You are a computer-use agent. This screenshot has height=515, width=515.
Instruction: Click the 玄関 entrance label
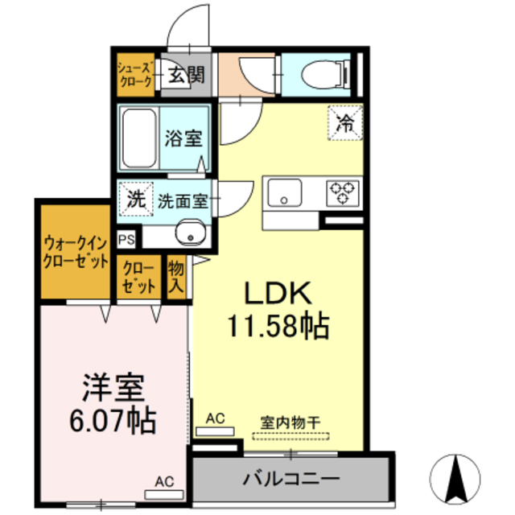point(186,76)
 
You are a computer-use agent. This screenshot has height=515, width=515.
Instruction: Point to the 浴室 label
point(183,138)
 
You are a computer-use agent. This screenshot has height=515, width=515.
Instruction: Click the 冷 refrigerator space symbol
point(345,124)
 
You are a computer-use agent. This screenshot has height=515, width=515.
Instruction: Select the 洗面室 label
point(183,201)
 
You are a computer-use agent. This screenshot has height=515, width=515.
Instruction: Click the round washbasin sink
point(192,233)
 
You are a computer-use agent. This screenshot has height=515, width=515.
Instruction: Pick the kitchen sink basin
point(285,193)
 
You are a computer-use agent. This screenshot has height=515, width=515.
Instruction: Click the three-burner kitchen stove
point(341,193)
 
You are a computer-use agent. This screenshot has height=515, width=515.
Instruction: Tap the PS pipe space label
point(126,238)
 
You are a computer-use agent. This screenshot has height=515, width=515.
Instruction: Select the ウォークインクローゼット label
point(76,252)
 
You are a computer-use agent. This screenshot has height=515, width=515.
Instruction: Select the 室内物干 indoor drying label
point(290,421)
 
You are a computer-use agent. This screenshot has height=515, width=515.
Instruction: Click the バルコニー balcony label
point(291,479)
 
